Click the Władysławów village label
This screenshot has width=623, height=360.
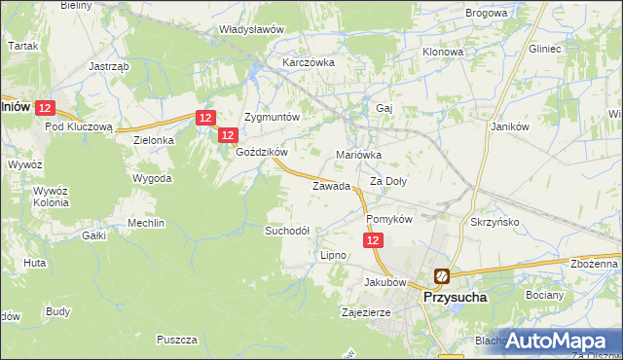251,29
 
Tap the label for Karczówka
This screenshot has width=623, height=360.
309,62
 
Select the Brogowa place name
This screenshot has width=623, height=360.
487,13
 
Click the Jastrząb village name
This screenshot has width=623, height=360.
109,66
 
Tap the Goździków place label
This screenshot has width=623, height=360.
262,153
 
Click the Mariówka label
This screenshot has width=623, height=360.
358,155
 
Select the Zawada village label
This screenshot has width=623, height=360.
331,186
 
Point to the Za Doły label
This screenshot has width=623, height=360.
388,181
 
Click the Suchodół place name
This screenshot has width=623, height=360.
287,231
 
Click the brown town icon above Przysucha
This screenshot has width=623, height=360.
442,276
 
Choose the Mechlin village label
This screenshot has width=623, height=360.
146,223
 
